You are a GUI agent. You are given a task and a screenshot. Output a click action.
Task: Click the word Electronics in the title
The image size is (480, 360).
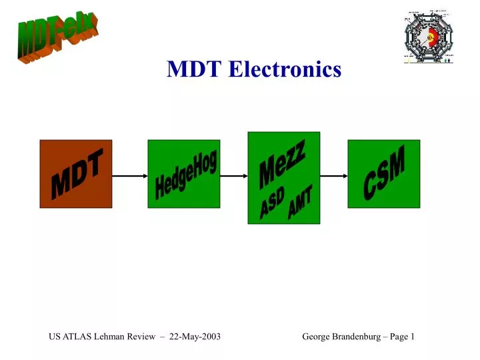(x=285, y=69)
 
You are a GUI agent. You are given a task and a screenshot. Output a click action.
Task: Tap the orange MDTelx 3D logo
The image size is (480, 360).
(x=58, y=38)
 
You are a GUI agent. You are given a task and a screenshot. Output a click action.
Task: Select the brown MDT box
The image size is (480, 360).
(x=75, y=174)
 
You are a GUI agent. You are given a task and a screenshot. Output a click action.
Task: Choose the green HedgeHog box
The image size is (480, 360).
(x=183, y=174)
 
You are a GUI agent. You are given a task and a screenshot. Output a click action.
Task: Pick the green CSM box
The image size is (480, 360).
(x=383, y=174)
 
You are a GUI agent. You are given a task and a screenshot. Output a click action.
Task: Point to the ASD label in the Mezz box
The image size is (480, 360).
(x=272, y=204)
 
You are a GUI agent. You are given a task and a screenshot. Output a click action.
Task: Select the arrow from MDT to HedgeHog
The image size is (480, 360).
(x=129, y=176)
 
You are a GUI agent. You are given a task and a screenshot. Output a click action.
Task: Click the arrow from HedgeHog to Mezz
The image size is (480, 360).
(x=234, y=176)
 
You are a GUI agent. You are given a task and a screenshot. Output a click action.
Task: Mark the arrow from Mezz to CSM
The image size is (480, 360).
(x=333, y=176)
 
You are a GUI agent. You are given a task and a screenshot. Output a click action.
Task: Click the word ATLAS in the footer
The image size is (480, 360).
(x=78, y=337)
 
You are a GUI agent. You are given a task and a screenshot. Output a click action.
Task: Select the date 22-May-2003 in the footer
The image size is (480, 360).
(x=195, y=337)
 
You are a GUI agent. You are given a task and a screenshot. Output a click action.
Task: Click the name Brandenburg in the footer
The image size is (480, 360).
(x=359, y=337)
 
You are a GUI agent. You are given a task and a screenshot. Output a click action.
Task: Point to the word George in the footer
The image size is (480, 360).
(x=316, y=337)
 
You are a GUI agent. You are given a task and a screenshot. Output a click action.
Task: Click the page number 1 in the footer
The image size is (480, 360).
(x=412, y=337)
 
